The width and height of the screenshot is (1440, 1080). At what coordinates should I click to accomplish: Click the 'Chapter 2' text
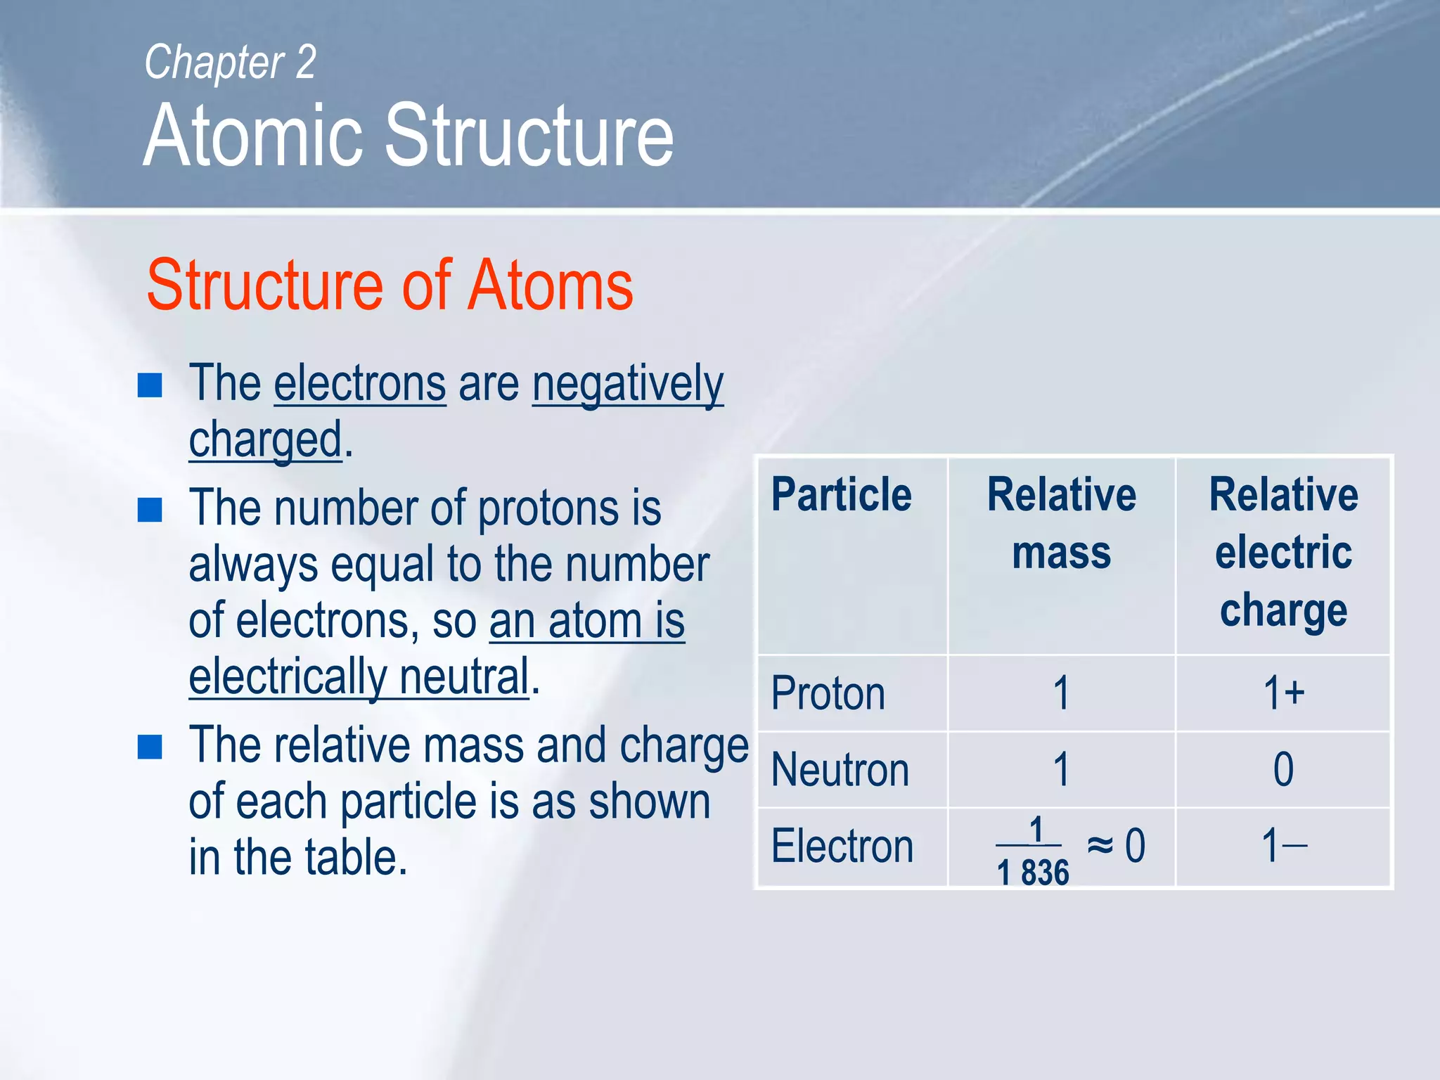(x=230, y=63)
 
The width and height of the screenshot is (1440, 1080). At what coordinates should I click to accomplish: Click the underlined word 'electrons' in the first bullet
(x=359, y=385)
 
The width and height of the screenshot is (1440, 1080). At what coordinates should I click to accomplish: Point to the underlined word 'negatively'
(x=627, y=385)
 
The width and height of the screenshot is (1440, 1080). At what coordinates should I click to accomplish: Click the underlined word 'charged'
(x=265, y=440)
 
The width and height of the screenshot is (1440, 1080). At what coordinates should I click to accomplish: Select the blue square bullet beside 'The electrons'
(x=150, y=385)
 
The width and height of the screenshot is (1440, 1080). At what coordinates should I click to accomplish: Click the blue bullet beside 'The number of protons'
(x=150, y=510)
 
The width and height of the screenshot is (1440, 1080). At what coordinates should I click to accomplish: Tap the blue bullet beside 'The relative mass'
(x=150, y=747)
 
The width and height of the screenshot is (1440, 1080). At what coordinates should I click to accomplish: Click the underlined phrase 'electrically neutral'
(x=359, y=676)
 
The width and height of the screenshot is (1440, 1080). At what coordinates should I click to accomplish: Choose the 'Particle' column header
(x=841, y=494)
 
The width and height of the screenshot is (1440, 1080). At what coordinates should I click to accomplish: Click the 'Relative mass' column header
(x=1061, y=523)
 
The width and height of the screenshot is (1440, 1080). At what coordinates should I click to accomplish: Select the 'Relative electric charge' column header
(x=1283, y=552)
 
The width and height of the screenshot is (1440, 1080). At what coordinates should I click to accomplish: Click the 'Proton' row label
(x=828, y=694)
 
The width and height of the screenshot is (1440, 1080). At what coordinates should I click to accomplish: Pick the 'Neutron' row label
(x=840, y=770)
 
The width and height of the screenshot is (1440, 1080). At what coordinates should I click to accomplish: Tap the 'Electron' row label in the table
(x=842, y=846)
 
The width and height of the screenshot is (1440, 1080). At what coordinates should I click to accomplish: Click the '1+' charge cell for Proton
(x=1283, y=694)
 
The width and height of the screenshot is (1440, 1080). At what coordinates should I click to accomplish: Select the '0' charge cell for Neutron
(x=1283, y=770)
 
